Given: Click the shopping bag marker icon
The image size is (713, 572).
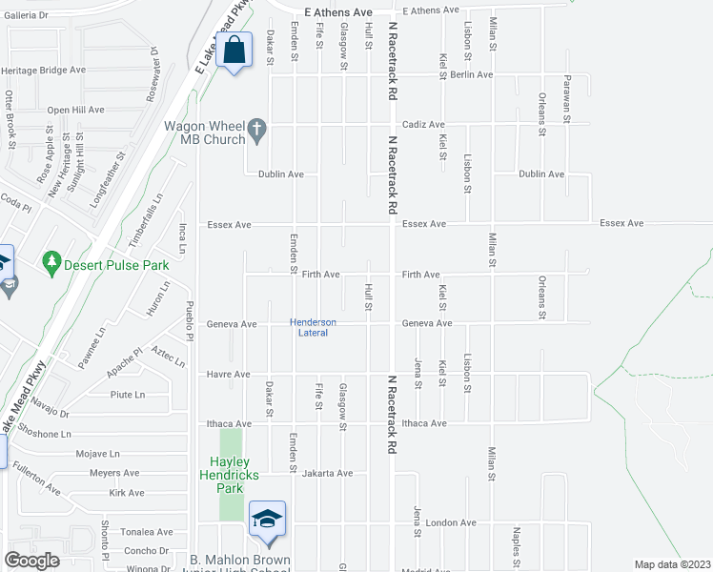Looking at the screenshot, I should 234,50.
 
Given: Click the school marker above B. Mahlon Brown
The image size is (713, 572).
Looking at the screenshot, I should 268,519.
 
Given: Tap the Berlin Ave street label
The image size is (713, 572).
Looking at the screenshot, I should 471,74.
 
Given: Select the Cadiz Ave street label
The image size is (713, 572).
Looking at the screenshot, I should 423,125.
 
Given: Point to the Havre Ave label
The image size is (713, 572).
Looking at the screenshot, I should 229,375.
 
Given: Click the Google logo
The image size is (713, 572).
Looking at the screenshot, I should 31,560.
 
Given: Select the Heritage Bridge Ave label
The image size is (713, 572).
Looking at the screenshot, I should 44,71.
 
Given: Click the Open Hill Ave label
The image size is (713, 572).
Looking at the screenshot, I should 75,110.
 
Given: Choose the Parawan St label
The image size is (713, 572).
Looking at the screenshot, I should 566,98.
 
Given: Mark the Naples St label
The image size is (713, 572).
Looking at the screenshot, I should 515,541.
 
